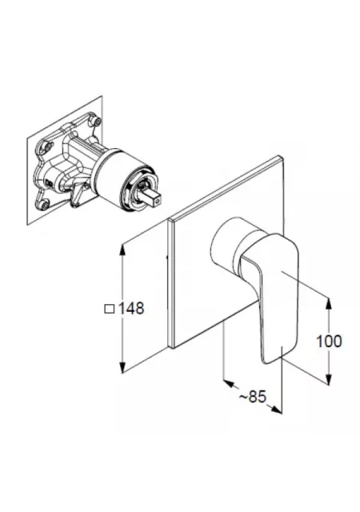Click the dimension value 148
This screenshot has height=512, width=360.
pos(131,308)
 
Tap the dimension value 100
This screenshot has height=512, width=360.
pos(329,342)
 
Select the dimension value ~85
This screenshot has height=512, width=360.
pos(253,397)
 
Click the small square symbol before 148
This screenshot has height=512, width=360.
pos(110,309)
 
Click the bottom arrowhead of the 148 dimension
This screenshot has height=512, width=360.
pos(122,366)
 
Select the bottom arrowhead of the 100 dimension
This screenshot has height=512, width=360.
pos(329,377)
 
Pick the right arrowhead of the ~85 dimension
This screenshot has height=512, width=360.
pos(276,409)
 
